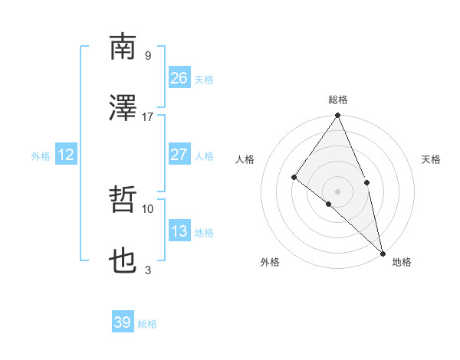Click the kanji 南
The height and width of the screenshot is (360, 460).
(123, 47)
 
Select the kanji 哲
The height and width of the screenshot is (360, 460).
(123, 200)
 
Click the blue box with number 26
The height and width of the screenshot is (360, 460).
(179, 77)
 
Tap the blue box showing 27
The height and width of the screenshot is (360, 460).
(179, 154)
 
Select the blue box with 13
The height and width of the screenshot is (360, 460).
(179, 231)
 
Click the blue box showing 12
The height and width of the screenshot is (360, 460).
(66, 155)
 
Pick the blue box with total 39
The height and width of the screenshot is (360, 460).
(123, 322)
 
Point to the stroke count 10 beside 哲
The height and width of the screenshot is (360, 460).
(147, 208)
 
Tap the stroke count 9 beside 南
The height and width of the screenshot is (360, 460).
(147, 55)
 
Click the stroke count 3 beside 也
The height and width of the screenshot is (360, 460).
(147, 270)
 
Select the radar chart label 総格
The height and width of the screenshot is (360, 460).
(338, 100)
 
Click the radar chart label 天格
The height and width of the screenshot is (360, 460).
(431, 159)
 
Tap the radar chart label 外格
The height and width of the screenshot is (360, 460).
(270, 262)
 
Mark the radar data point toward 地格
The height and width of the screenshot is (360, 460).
(383, 252)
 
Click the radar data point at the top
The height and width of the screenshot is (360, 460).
(338, 116)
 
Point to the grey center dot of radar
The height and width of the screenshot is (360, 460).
(338, 191)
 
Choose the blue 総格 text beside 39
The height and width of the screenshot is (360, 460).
(148, 324)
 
